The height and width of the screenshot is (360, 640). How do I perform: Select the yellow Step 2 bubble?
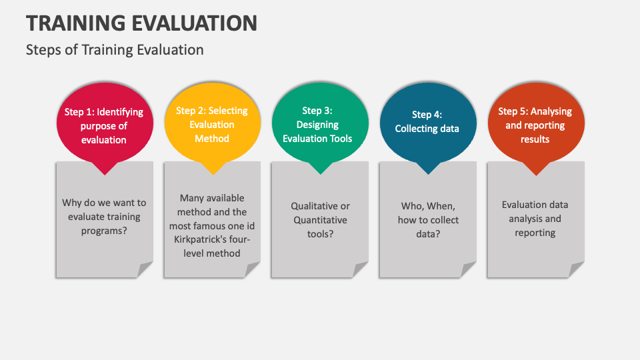(x=212, y=125)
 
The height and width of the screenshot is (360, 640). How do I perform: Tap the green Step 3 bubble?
(x=320, y=125)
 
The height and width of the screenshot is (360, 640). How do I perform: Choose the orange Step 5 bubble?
(x=535, y=125)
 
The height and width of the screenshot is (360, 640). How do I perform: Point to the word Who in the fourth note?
(x=411, y=206)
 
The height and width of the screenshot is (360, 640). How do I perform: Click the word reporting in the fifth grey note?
(x=535, y=233)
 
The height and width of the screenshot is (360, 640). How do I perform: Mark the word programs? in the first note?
(x=104, y=231)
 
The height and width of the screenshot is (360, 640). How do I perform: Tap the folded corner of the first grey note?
(x=146, y=269)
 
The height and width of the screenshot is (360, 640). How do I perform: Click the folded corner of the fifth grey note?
(x=577, y=269)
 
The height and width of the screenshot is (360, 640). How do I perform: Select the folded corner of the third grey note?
(x=361, y=269)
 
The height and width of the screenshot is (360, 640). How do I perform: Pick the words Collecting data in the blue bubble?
(x=427, y=129)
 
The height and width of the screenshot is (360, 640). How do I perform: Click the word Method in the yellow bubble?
(x=212, y=139)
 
